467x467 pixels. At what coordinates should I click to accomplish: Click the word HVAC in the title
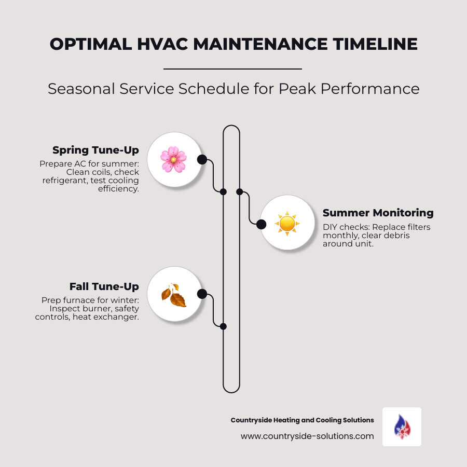156,44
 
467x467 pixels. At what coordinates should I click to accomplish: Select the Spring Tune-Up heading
95,150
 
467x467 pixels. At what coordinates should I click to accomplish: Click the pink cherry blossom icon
173,159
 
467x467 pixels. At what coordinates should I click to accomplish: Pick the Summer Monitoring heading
378,213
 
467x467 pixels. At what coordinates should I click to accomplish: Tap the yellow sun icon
287,223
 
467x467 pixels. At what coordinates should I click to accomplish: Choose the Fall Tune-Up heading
104,286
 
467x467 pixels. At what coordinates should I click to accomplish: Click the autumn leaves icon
173,295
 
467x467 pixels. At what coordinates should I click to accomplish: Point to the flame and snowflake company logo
402,427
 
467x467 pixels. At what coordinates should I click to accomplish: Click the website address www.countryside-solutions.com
307,436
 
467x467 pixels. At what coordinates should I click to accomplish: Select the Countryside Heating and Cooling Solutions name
302,420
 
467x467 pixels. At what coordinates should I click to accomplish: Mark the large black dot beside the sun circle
262,224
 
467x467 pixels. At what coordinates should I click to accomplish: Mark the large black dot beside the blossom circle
202,159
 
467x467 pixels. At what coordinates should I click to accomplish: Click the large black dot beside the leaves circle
202,295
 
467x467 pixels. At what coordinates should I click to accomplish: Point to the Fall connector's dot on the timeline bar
223,326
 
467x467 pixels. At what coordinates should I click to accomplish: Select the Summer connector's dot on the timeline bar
239,191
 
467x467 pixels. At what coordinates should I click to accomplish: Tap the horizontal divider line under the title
232,68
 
